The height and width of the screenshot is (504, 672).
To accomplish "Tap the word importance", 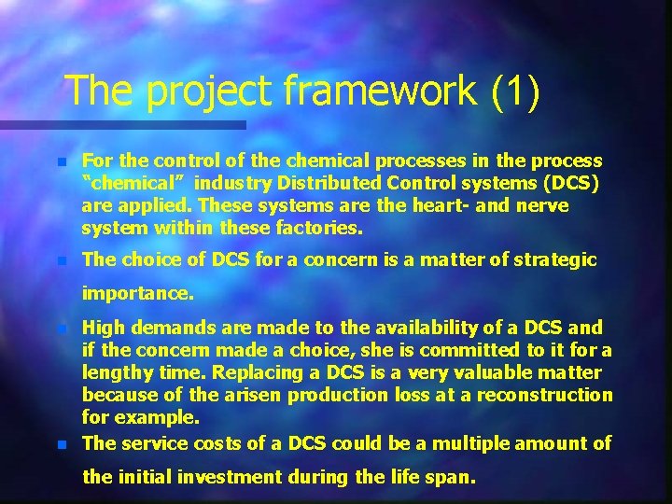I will pyautogui.click(x=137, y=293).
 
